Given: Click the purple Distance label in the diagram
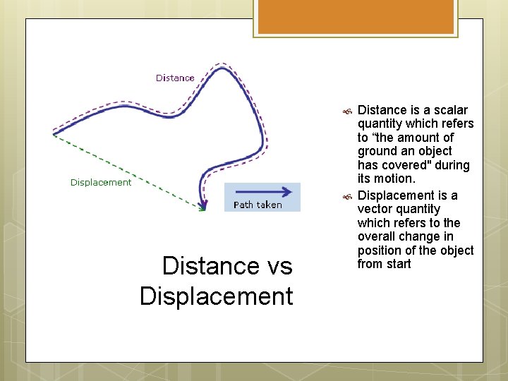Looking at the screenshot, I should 175,78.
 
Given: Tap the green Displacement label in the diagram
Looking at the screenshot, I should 101,182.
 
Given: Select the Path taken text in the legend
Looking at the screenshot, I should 258,205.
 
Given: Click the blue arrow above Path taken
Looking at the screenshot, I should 262,191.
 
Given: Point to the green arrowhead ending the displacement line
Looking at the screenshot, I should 202,207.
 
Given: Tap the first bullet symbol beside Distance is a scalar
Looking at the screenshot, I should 346,111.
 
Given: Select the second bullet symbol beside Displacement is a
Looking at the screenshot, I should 346,196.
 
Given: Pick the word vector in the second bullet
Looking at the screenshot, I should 375,209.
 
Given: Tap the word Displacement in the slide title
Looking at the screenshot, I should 216,296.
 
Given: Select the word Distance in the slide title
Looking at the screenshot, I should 201,266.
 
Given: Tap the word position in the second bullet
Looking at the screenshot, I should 380,250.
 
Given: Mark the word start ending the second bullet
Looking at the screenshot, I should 399,264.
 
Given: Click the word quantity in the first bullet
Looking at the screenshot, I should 381,124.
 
